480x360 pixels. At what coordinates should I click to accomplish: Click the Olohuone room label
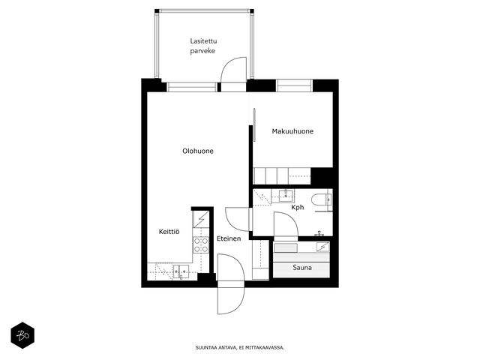[x=198, y=151]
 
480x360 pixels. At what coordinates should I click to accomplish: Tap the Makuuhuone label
[x=292, y=131]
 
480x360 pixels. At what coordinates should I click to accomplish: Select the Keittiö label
[x=169, y=232]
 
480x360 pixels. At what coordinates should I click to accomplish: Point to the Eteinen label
[x=229, y=238]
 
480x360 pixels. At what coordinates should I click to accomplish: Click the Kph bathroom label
[x=298, y=207]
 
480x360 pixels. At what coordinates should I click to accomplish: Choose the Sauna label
[x=302, y=268]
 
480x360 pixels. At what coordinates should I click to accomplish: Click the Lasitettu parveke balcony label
[x=203, y=46]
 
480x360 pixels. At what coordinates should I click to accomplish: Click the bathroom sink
[x=286, y=195]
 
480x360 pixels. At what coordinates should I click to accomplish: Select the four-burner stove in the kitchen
[x=201, y=245]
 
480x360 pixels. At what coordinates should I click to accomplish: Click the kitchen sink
[x=181, y=271]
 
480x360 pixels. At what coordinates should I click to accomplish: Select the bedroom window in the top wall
[x=294, y=85]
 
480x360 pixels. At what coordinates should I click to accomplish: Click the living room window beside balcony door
[x=192, y=87]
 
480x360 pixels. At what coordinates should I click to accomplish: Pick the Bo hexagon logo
[x=22, y=335]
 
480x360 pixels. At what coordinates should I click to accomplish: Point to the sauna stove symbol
[x=322, y=247]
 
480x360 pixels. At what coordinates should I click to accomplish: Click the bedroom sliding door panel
[x=254, y=125]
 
